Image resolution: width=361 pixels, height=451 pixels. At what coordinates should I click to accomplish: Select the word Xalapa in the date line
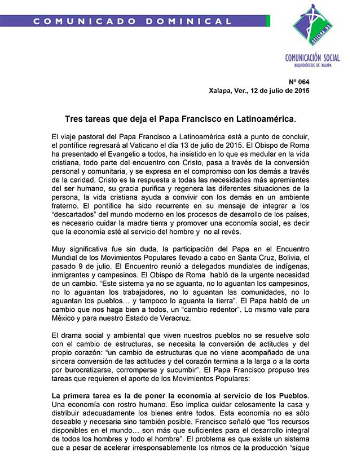pyautogui.click(x=220, y=90)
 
